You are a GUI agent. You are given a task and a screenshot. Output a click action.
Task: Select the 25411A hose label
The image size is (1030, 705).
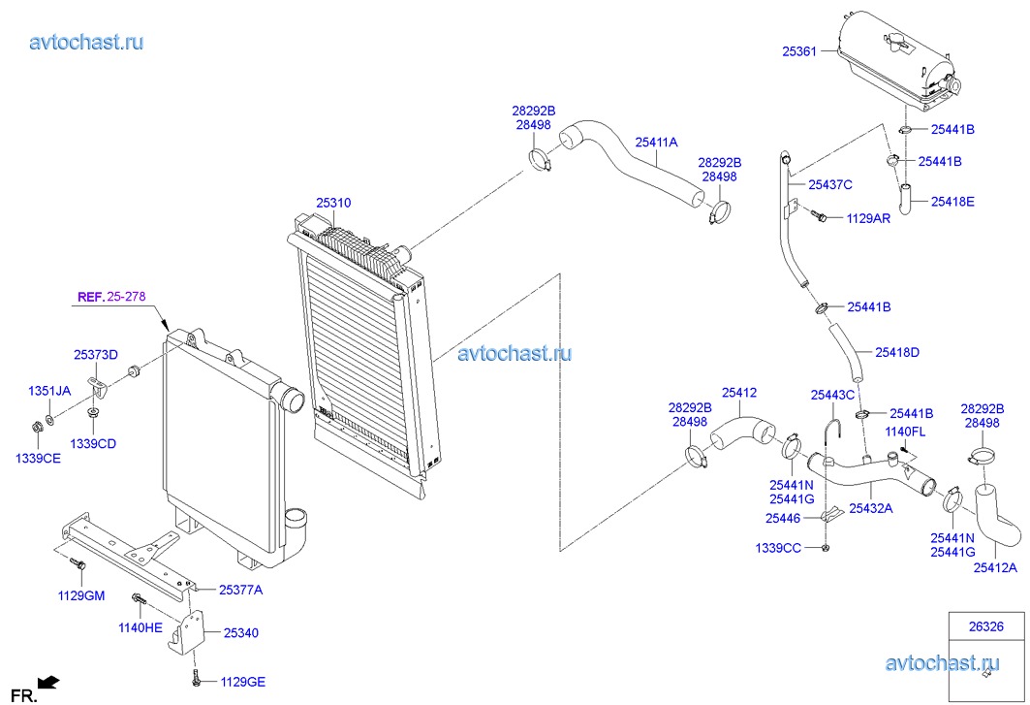point(656,143)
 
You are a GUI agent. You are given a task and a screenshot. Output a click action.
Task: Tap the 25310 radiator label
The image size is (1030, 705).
point(333,203)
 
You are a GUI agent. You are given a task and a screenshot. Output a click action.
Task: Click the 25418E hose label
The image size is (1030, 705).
point(952,202)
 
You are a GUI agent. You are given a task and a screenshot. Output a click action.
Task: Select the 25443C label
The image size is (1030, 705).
point(833,395)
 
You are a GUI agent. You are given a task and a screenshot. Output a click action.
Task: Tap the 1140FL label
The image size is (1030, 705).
point(906,431)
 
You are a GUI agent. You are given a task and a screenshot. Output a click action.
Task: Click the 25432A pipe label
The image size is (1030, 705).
point(871,507)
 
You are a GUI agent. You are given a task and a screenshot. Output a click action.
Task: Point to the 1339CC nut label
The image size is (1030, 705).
point(778,549)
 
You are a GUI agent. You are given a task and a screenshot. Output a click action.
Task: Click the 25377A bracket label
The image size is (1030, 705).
point(240,589)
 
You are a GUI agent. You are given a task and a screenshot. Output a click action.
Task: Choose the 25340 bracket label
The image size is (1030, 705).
point(240,632)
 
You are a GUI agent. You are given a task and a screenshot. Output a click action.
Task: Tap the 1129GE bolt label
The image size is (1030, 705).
point(241,682)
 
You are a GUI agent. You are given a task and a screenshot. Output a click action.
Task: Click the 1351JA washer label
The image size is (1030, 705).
point(48,391)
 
